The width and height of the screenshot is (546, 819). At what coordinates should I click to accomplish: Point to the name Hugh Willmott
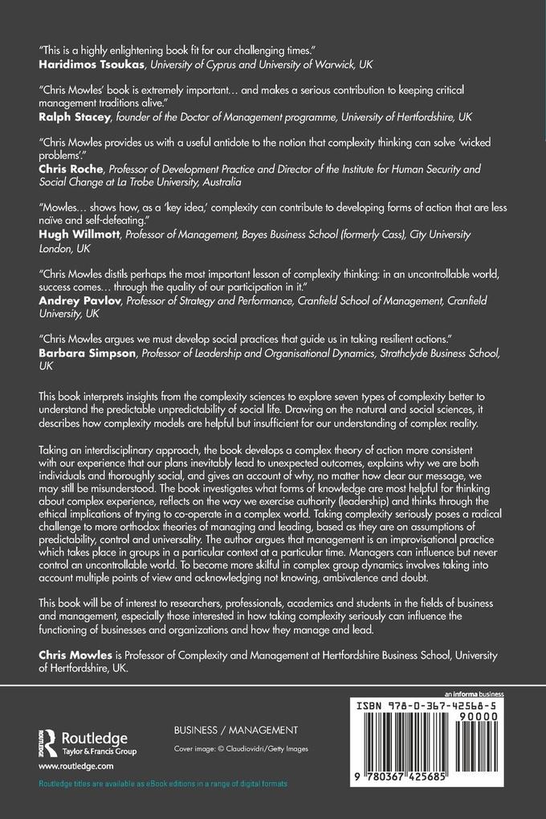click(71, 233)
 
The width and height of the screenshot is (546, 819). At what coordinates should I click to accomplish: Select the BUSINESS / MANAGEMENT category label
click(224, 730)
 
